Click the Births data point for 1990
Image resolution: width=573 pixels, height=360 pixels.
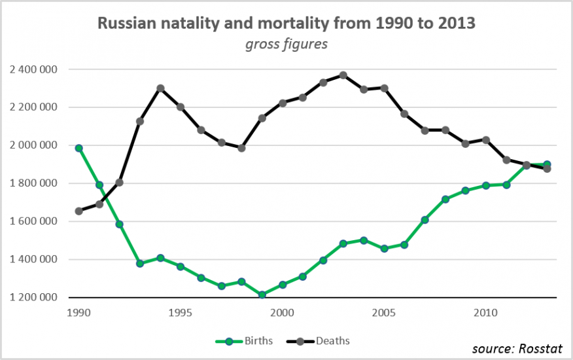click(78, 148)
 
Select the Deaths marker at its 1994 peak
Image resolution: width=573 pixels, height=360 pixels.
click(160, 88)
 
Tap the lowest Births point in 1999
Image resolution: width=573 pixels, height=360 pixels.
click(262, 295)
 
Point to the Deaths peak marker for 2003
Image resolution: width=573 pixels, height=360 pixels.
click(343, 75)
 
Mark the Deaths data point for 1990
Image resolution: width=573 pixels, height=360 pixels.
click(78, 211)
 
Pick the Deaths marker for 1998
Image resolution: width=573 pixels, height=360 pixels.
click(241, 148)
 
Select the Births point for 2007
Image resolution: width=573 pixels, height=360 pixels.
click(425, 220)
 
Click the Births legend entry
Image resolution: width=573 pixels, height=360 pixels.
click(245, 341)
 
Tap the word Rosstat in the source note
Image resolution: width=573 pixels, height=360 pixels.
click(544, 348)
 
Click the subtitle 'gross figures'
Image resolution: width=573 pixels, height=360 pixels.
click(286, 45)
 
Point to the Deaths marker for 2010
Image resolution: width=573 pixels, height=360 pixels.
click(485, 139)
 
